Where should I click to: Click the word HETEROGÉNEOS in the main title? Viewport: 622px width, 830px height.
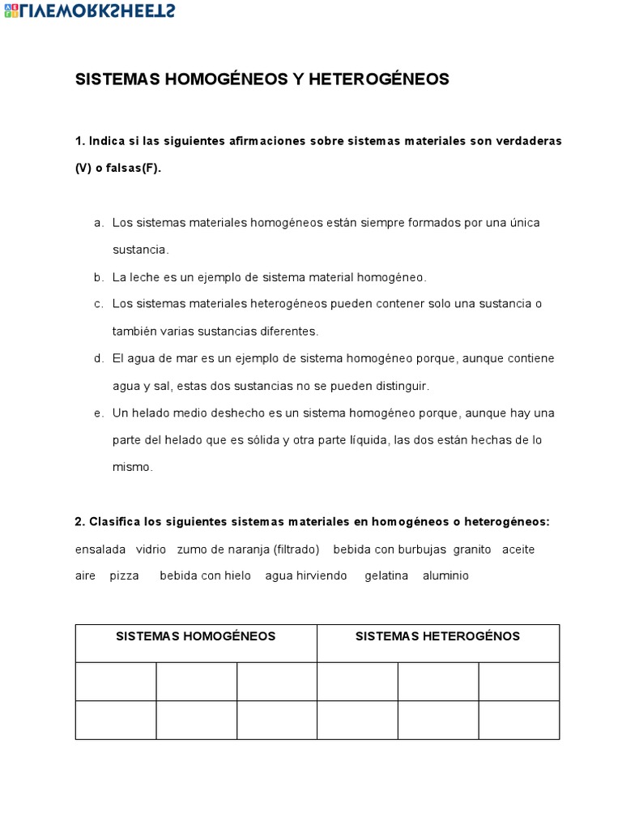(x=378, y=79)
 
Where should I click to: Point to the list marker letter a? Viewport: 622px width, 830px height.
(x=98, y=222)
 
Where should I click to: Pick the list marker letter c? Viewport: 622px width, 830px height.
(x=98, y=304)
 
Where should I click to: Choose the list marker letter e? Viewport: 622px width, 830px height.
(x=98, y=413)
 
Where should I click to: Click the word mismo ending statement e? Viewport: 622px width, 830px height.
(x=133, y=467)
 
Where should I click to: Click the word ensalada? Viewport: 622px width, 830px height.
(x=100, y=550)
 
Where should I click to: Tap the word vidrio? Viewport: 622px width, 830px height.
(x=151, y=550)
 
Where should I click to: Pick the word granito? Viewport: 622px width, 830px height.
(x=472, y=550)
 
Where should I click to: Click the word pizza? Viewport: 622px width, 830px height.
(x=125, y=576)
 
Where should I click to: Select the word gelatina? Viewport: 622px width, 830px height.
(x=386, y=576)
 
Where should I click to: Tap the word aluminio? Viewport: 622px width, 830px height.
(x=445, y=576)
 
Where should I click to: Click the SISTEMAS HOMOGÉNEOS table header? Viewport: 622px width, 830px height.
(x=195, y=636)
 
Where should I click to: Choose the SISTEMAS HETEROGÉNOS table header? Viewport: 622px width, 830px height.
(x=437, y=636)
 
